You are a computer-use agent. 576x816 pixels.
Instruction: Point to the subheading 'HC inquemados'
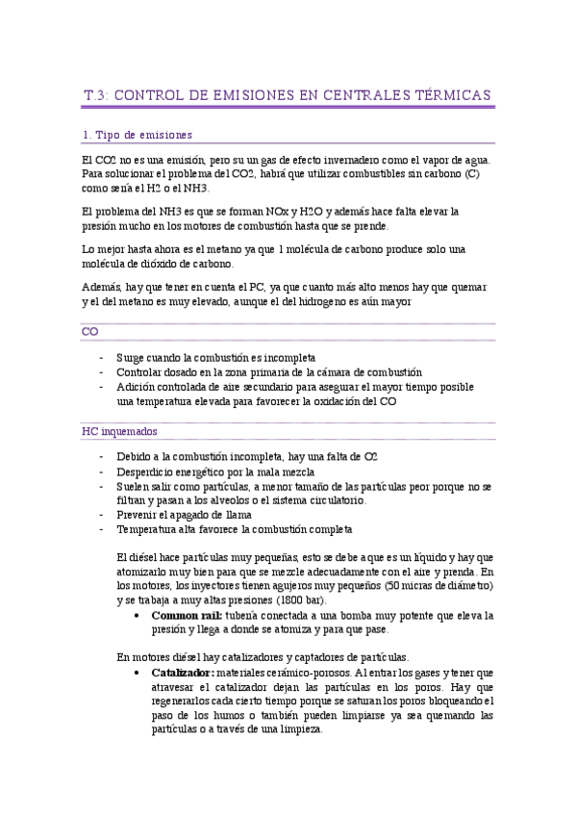119,431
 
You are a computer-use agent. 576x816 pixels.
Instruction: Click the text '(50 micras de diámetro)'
438,584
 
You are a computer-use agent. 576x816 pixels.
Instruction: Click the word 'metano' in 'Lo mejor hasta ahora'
260,248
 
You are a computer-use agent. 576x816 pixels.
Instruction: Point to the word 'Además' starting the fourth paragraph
103,288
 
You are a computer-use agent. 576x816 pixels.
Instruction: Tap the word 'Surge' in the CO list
131,357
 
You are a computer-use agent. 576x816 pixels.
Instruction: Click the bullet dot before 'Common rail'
142,615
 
